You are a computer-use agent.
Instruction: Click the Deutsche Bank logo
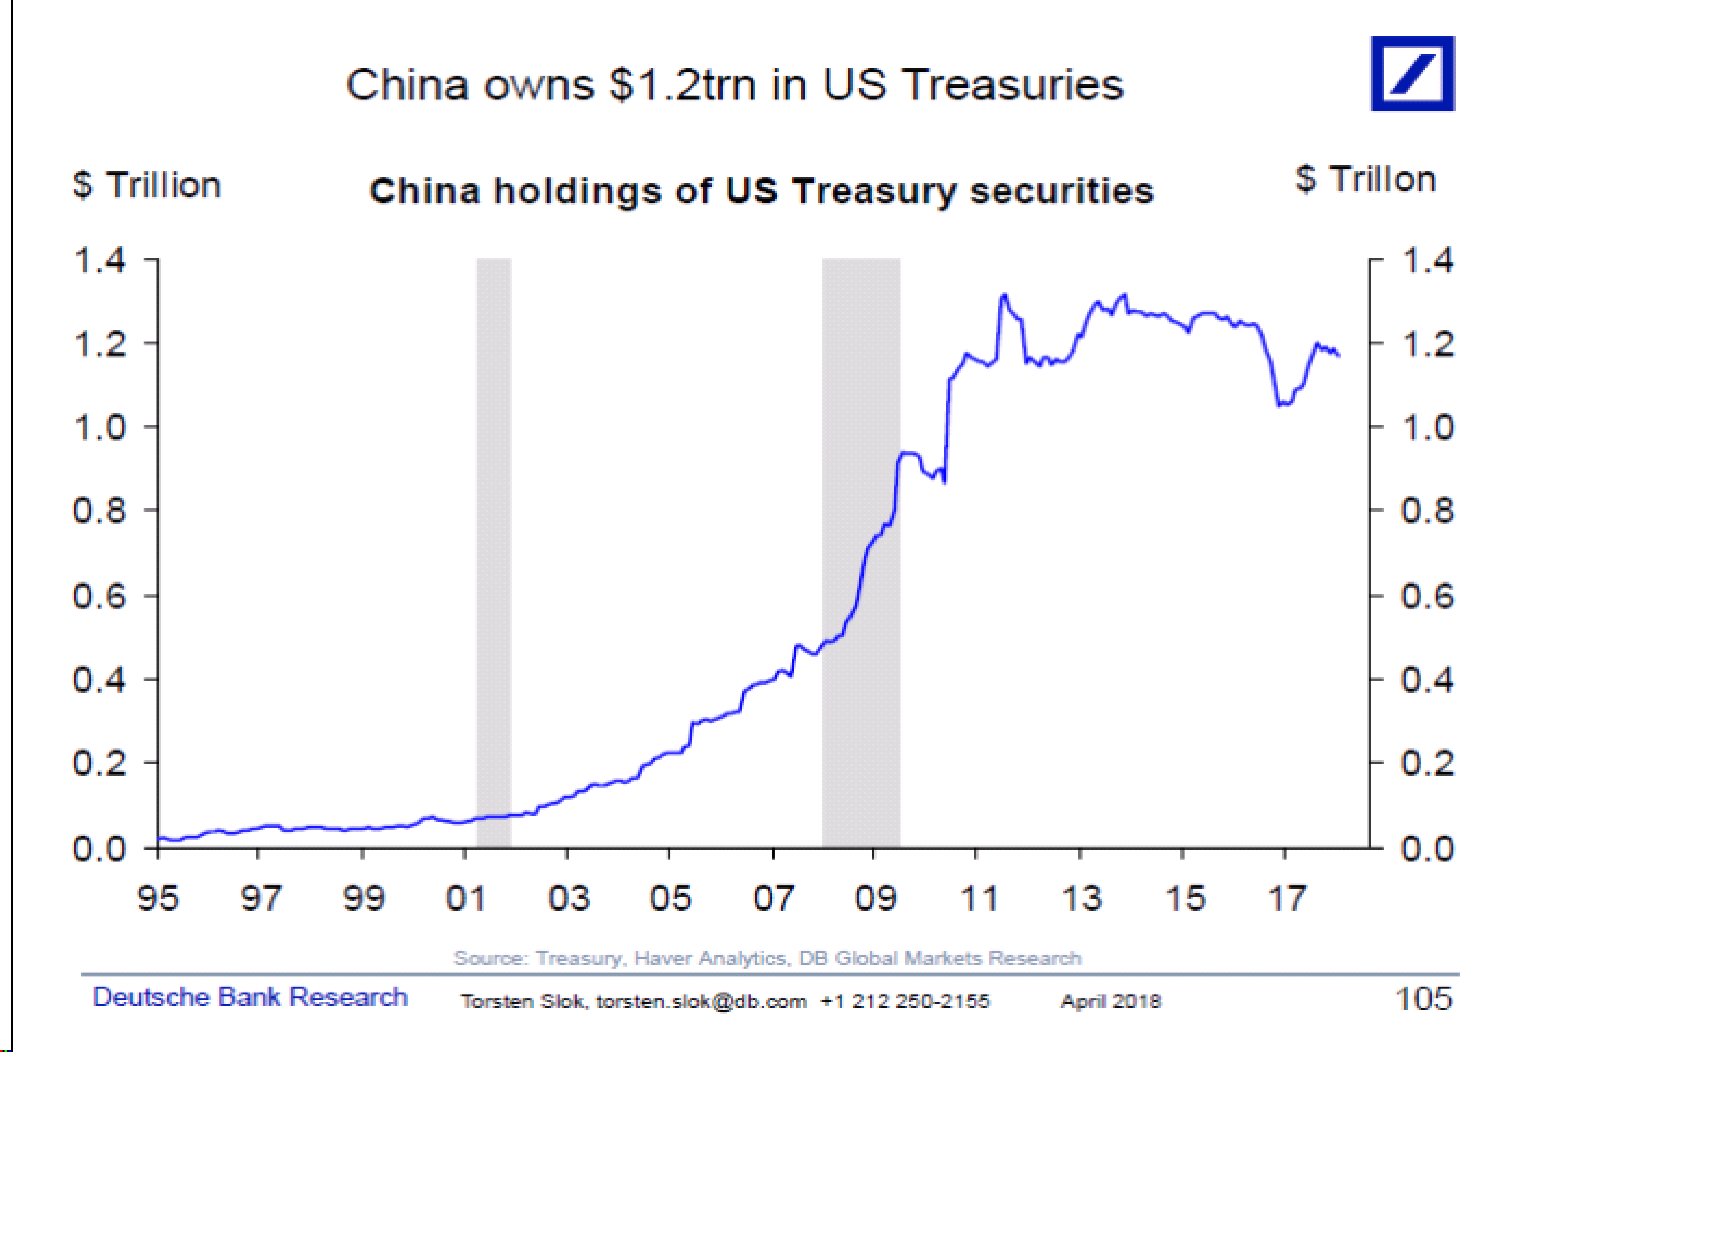tap(1412, 73)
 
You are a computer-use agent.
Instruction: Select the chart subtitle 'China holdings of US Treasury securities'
tap(761, 191)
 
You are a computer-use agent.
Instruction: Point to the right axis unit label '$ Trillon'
tap(1365, 179)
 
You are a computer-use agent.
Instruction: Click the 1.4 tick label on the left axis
tap(99, 261)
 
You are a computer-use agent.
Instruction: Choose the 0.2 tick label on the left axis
tap(99, 763)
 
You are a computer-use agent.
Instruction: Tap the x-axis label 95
tap(157, 899)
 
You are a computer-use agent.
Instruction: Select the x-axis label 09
tap(875, 899)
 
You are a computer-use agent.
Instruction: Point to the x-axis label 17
tap(1286, 899)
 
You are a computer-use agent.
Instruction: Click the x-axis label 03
tap(568, 899)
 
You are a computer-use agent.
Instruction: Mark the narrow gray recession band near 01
tap(494, 552)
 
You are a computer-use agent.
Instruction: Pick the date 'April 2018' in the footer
tap(1110, 1001)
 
